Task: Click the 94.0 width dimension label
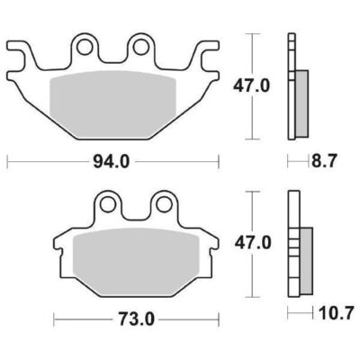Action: (x=113, y=163)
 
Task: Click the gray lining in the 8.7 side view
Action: (x=301, y=103)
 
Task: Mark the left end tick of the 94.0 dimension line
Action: (x=7, y=163)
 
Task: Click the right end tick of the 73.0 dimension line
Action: (x=219, y=319)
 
